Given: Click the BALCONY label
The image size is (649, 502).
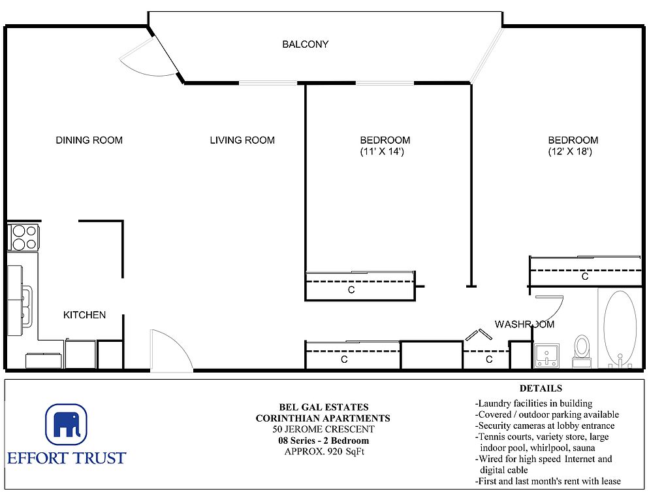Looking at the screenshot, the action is click(305, 44).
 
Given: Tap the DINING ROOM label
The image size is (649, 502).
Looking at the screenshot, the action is click(89, 140).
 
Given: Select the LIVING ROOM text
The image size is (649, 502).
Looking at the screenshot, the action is click(242, 140).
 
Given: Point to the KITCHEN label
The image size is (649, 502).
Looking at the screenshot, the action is click(84, 315).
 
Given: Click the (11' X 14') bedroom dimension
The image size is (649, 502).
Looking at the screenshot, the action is click(381, 152).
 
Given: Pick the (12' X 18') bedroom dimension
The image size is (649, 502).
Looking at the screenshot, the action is click(570, 152).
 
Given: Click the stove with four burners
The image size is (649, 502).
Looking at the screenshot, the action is click(24, 237).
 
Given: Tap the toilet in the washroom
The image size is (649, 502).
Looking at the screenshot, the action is click(582, 351).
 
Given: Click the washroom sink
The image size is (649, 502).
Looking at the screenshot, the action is click(546, 355).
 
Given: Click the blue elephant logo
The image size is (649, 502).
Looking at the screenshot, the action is click(66, 424).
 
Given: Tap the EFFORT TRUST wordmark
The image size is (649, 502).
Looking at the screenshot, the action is click(67, 458).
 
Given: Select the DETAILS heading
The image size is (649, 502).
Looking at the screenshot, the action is click(541, 388).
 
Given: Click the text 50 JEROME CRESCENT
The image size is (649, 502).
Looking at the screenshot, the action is click(323, 429).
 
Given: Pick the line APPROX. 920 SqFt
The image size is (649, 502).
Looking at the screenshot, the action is click(324, 452).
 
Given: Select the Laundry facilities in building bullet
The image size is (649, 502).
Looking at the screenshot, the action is click(533, 403).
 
